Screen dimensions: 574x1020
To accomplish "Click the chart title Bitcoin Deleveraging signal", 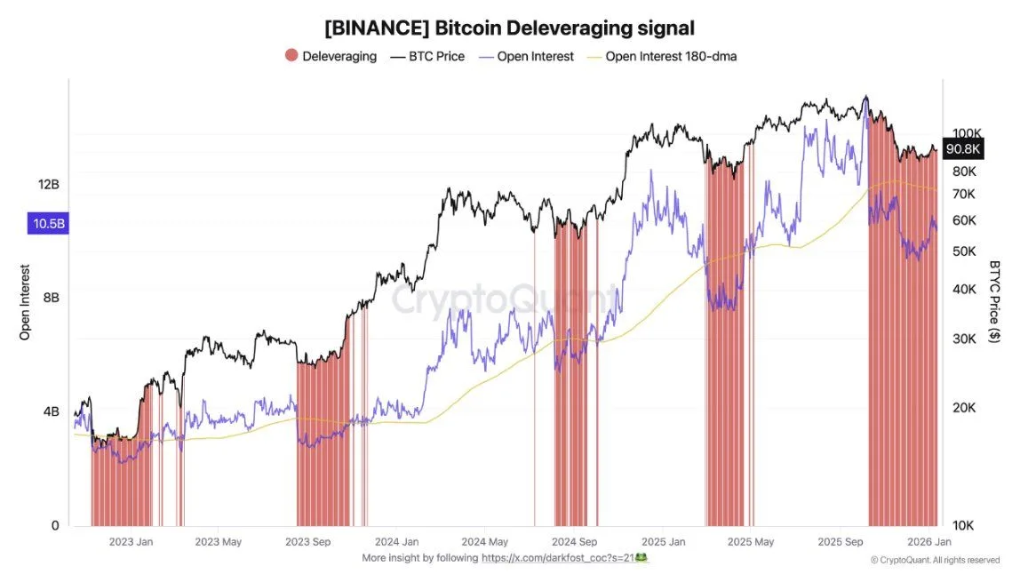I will point(509,28).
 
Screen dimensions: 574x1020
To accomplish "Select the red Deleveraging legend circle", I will point(291,56).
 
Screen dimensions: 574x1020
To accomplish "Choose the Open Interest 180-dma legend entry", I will point(671,56).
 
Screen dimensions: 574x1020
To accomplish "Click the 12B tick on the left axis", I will point(48,184).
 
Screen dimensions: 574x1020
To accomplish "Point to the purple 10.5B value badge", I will point(48,224).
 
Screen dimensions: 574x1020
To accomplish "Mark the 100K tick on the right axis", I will point(965,132).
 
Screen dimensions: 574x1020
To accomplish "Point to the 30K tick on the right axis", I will point(965,338).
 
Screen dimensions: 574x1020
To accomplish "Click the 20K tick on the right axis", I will point(965,408).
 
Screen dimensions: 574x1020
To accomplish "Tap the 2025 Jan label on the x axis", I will point(664,541).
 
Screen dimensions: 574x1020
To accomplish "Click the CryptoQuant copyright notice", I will point(935,560).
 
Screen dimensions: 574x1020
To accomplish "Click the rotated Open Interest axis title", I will point(25,302).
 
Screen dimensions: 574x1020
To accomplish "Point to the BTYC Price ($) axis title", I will point(994,302).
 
